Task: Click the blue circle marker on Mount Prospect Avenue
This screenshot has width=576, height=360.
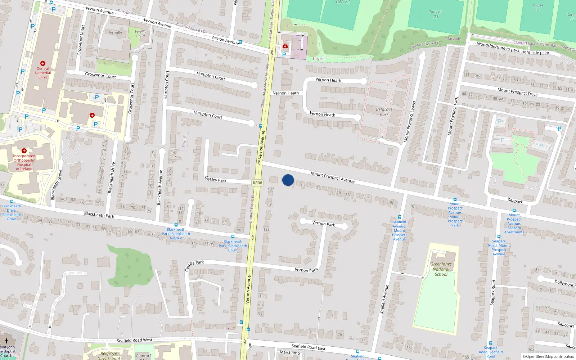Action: [x=288, y=180]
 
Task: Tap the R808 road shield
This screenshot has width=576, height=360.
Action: [x=257, y=183]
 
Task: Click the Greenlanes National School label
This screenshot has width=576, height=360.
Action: [x=441, y=269]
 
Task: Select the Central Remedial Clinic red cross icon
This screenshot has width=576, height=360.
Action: [x=43, y=63]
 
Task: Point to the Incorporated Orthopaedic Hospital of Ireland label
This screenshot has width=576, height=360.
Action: [x=24, y=162]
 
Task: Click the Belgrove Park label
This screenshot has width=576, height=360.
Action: [x=384, y=112]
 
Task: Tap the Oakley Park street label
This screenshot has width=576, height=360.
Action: [x=216, y=179]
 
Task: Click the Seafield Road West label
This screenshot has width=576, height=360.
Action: [x=134, y=340]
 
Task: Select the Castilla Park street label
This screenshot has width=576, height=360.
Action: [x=194, y=266]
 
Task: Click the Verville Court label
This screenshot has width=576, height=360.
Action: [x=140, y=33]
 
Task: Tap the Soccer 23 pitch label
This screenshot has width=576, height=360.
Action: [x=436, y=14]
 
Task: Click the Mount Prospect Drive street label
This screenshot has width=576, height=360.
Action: [x=517, y=92]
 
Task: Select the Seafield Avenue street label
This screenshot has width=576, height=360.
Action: [x=384, y=299]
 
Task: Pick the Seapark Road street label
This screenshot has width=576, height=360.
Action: [x=493, y=293]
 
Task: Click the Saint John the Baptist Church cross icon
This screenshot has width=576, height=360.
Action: [x=6, y=340]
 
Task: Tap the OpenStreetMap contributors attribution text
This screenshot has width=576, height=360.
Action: [x=548, y=357]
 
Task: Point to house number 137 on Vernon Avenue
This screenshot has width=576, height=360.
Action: [x=271, y=189]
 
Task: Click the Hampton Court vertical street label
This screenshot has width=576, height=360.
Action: [x=166, y=85]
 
